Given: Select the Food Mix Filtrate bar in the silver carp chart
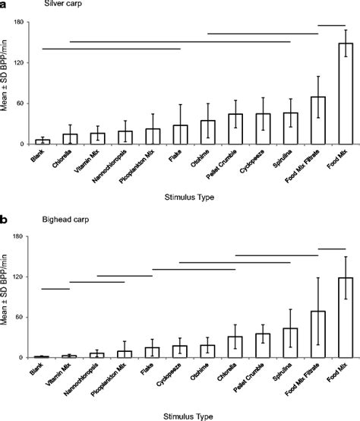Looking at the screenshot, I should click(x=318, y=121).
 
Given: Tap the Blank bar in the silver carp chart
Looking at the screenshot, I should click(x=43, y=142).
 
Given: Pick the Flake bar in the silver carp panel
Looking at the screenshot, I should click(x=180, y=135).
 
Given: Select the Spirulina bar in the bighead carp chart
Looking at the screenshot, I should click(x=291, y=343).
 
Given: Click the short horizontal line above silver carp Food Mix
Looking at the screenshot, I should click(x=331, y=26).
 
